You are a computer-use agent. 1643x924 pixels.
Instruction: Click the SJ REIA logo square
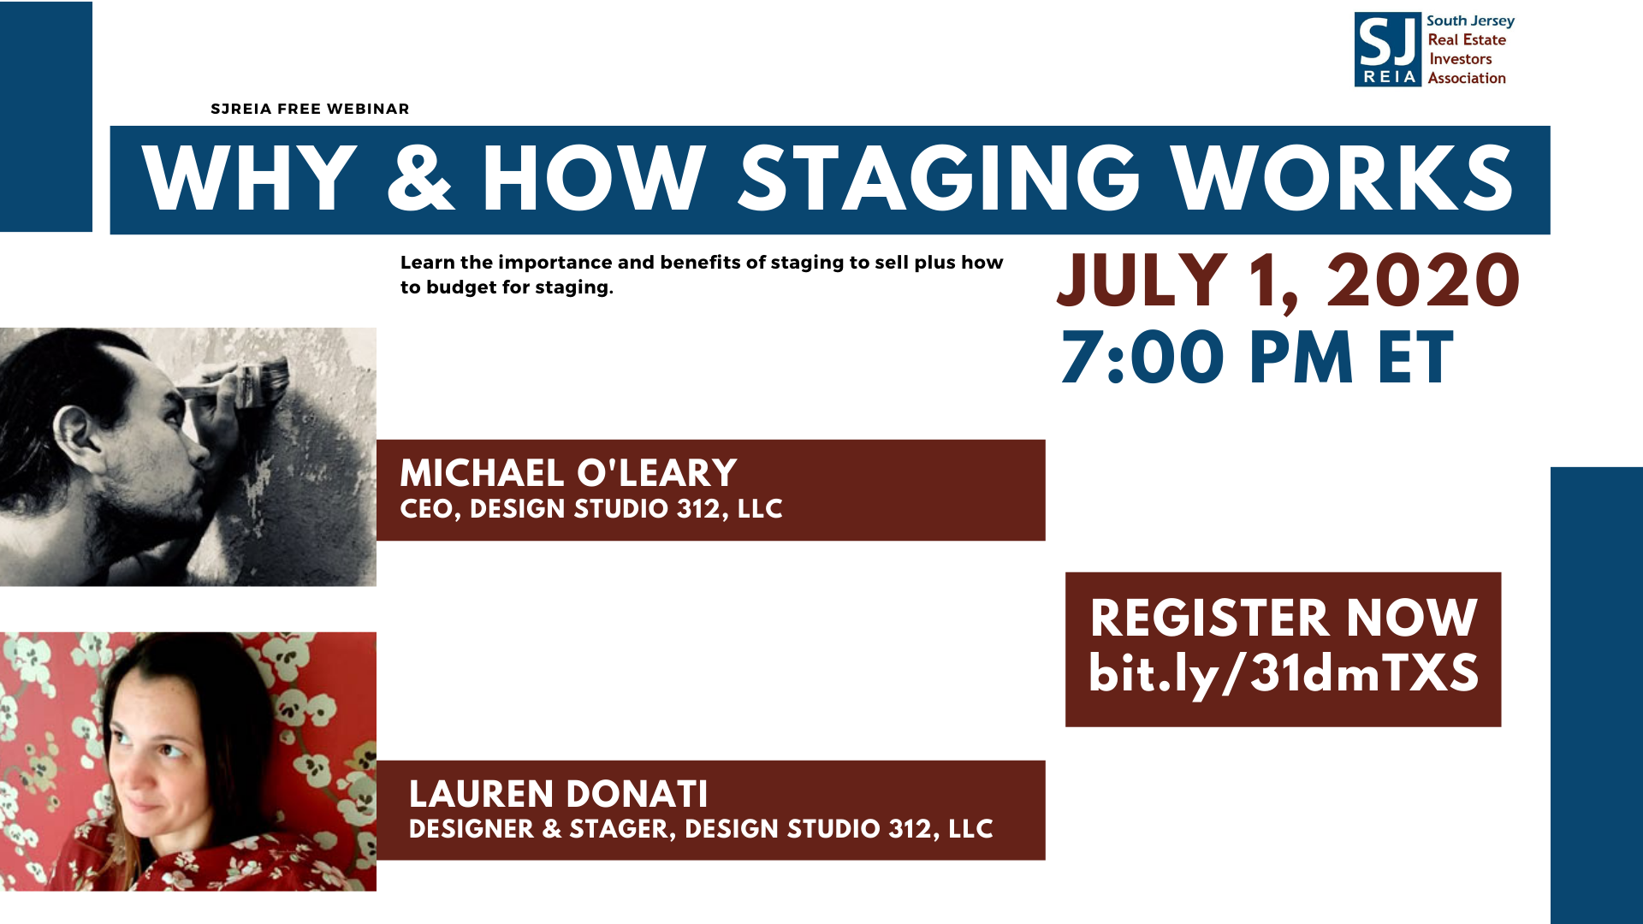[1387, 50]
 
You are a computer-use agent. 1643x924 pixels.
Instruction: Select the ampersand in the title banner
[420, 178]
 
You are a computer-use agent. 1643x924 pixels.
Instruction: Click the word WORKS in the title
[1343, 178]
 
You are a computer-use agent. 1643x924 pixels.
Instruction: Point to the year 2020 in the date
[1423, 281]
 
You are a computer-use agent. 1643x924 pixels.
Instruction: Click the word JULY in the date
[1142, 281]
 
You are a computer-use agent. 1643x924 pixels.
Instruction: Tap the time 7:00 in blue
[1142, 358]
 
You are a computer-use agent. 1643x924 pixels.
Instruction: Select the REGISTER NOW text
[1284, 618]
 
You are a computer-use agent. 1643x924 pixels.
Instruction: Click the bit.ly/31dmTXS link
[1284, 674]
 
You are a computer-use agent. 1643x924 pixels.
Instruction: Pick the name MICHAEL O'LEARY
[568, 473]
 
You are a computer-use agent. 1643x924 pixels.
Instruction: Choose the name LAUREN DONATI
[558, 794]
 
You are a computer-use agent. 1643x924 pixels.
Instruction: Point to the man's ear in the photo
[75, 428]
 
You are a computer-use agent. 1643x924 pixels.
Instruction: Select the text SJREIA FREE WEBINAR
[310, 109]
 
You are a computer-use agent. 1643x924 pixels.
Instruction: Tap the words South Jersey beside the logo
[1470, 21]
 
